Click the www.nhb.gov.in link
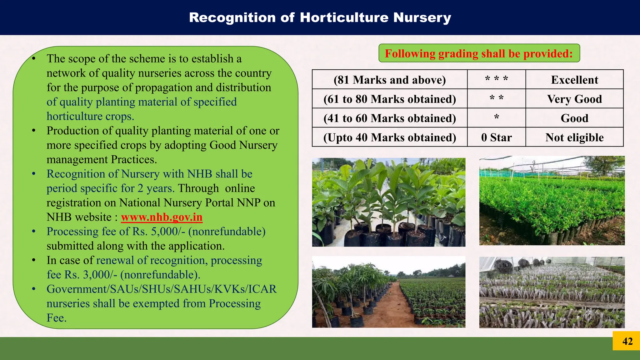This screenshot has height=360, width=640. pyautogui.click(x=162, y=217)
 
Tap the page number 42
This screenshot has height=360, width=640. pyautogui.click(x=627, y=341)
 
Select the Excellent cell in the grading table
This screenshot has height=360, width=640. pyautogui.click(x=574, y=80)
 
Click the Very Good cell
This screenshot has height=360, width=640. pyautogui.click(x=574, y=99)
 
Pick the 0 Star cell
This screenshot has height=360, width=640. pyautogui.click(x=496, y=137)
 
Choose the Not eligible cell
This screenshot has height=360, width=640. pyautogui.click(x=574, y=137)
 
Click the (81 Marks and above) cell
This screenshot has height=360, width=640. pyautogui.click(x=390, y=80)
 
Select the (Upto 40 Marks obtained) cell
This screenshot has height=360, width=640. pyautogui.click(x=390, y=137)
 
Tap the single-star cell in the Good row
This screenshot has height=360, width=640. pyautogui.click(x=496, y=118)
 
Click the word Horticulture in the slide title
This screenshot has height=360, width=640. pyautogui.click(x=344, y=17)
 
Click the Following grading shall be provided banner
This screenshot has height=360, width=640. pyautogui.click(x=479, y=53)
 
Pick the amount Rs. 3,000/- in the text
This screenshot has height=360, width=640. pyautogui.click(x=91, y=275)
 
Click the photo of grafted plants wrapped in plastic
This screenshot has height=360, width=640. pyautogui.click(x=552, y=292)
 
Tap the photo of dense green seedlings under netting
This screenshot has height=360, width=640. pyautogui.click(x=552, y=201)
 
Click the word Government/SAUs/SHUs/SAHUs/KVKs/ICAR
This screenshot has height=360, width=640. pyautogui.click(x=162, y=289)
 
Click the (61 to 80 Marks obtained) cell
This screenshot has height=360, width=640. pyautogui.click(x=390, y=99)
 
